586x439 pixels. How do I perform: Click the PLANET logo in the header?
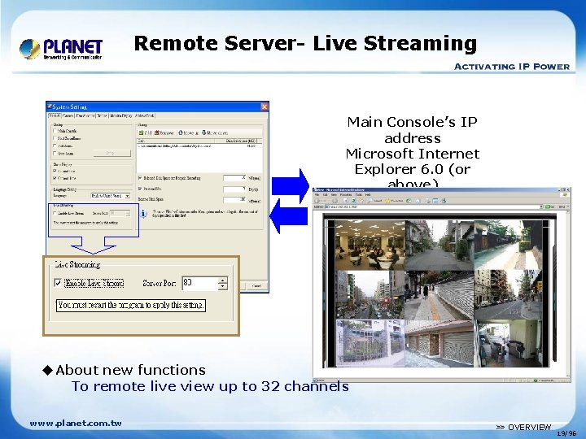point(61,49)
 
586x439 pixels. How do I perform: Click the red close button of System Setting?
point(263,106)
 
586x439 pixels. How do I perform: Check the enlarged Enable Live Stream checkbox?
point(57,284)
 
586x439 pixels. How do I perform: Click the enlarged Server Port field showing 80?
point(199,284)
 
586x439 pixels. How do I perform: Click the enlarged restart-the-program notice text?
point(131,306)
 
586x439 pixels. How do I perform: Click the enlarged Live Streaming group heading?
point(77,264)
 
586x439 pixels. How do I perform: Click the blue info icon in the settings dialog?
point(143,214)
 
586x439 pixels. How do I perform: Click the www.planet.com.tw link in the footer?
point(76,423)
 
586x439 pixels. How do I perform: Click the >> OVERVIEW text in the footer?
point(523,427)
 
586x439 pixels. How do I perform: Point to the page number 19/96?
point(566,433)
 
